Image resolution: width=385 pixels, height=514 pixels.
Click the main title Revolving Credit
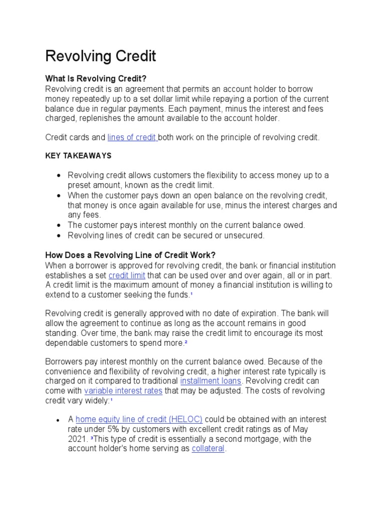[101, 56]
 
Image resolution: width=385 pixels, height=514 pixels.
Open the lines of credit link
[132, 137]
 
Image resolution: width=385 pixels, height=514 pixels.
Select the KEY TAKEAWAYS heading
[78, 156]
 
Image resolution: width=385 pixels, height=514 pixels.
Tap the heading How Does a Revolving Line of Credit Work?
[130, 255]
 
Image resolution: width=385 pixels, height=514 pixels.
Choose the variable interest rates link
[123, 391]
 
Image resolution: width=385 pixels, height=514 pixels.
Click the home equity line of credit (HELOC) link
[139, 419]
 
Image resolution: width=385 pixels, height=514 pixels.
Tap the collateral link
[208, 448]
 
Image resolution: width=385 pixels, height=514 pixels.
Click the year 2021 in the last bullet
[78, 439]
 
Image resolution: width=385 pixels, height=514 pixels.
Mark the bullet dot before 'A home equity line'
[59, 420]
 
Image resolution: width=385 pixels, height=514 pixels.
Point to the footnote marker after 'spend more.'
[185, 342]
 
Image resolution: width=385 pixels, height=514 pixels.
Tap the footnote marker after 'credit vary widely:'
[111, 400]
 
